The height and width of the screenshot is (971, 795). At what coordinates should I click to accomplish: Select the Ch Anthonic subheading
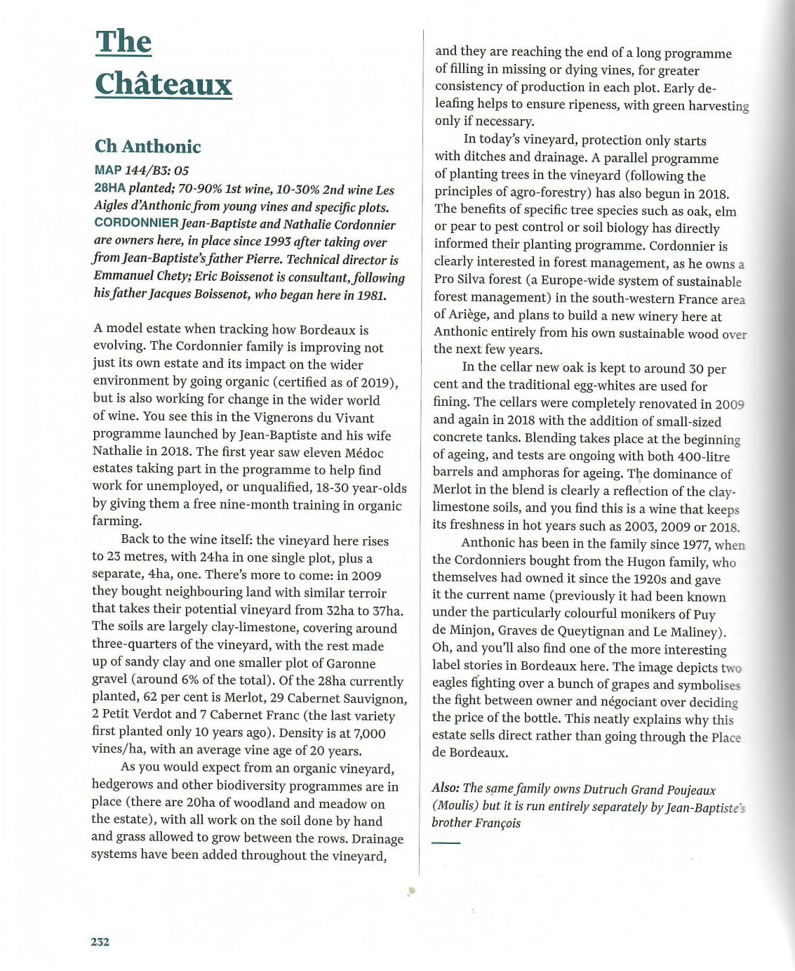147,146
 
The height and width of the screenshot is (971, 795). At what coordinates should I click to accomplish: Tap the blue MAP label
108,170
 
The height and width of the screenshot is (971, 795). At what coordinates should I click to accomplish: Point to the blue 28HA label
109,188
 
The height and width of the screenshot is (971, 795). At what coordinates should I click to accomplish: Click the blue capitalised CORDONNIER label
136,223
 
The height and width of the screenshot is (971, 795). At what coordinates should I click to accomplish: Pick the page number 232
100,942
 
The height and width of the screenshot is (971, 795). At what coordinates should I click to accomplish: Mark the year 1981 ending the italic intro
370,295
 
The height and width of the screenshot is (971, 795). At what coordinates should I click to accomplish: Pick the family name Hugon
645,562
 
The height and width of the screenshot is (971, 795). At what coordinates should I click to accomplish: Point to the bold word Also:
446,788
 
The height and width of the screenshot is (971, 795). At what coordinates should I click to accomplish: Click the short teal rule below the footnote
446,843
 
